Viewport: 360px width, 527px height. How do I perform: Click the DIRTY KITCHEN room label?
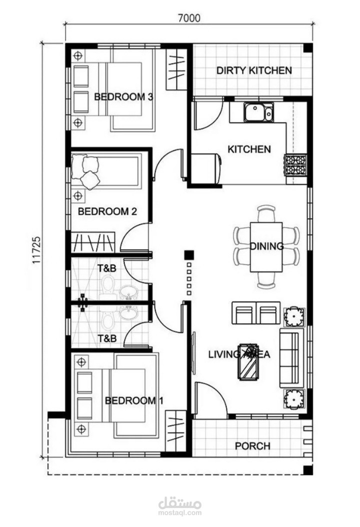point(254,70)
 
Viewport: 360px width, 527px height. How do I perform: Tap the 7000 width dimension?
point(189,18)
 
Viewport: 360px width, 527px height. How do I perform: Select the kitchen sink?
point(258,112)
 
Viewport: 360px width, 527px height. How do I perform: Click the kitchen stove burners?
point(295,165)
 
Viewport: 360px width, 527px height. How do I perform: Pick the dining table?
point(266,247)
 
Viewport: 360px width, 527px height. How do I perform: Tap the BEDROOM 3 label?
point(123,97)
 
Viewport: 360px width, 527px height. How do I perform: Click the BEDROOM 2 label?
point(107,211)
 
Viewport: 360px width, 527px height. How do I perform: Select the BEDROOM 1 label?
point(134,400)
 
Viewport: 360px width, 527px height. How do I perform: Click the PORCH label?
point(252,446)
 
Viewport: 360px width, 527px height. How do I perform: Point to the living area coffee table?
point(247,362)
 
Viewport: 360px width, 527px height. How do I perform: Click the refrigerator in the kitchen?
point(206,168)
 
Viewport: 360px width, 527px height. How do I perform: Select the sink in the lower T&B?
point(127,313)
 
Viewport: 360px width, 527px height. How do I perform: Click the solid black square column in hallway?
point(189,255)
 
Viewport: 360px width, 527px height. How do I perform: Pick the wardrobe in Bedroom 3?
point(176,69)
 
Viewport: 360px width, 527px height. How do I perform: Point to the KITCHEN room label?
point(249,149)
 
